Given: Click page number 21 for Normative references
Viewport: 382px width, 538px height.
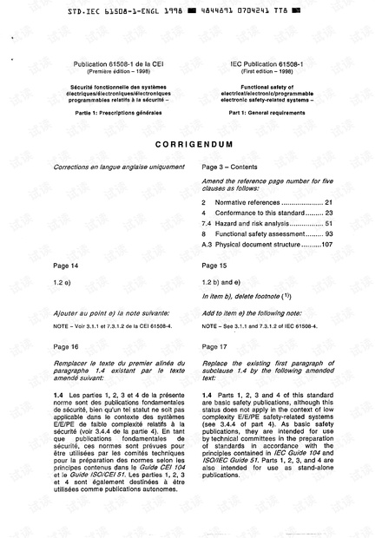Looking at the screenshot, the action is point(327,201).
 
